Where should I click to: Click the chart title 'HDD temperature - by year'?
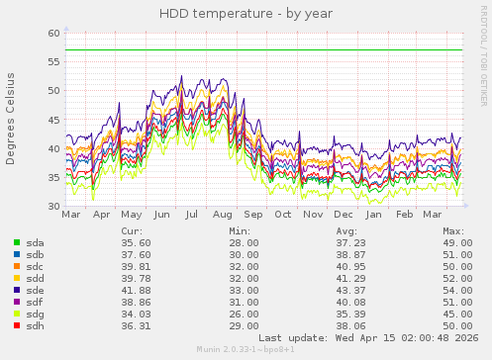tap(245, 13)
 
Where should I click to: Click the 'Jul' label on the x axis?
tap(192, 214)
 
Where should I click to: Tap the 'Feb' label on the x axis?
tap(404, 214)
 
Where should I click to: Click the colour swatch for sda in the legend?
tap(16, 242)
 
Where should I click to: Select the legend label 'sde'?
tap(35, 290)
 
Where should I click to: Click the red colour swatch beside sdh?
tap(16, 325)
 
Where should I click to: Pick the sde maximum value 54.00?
tap(456, 290)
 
